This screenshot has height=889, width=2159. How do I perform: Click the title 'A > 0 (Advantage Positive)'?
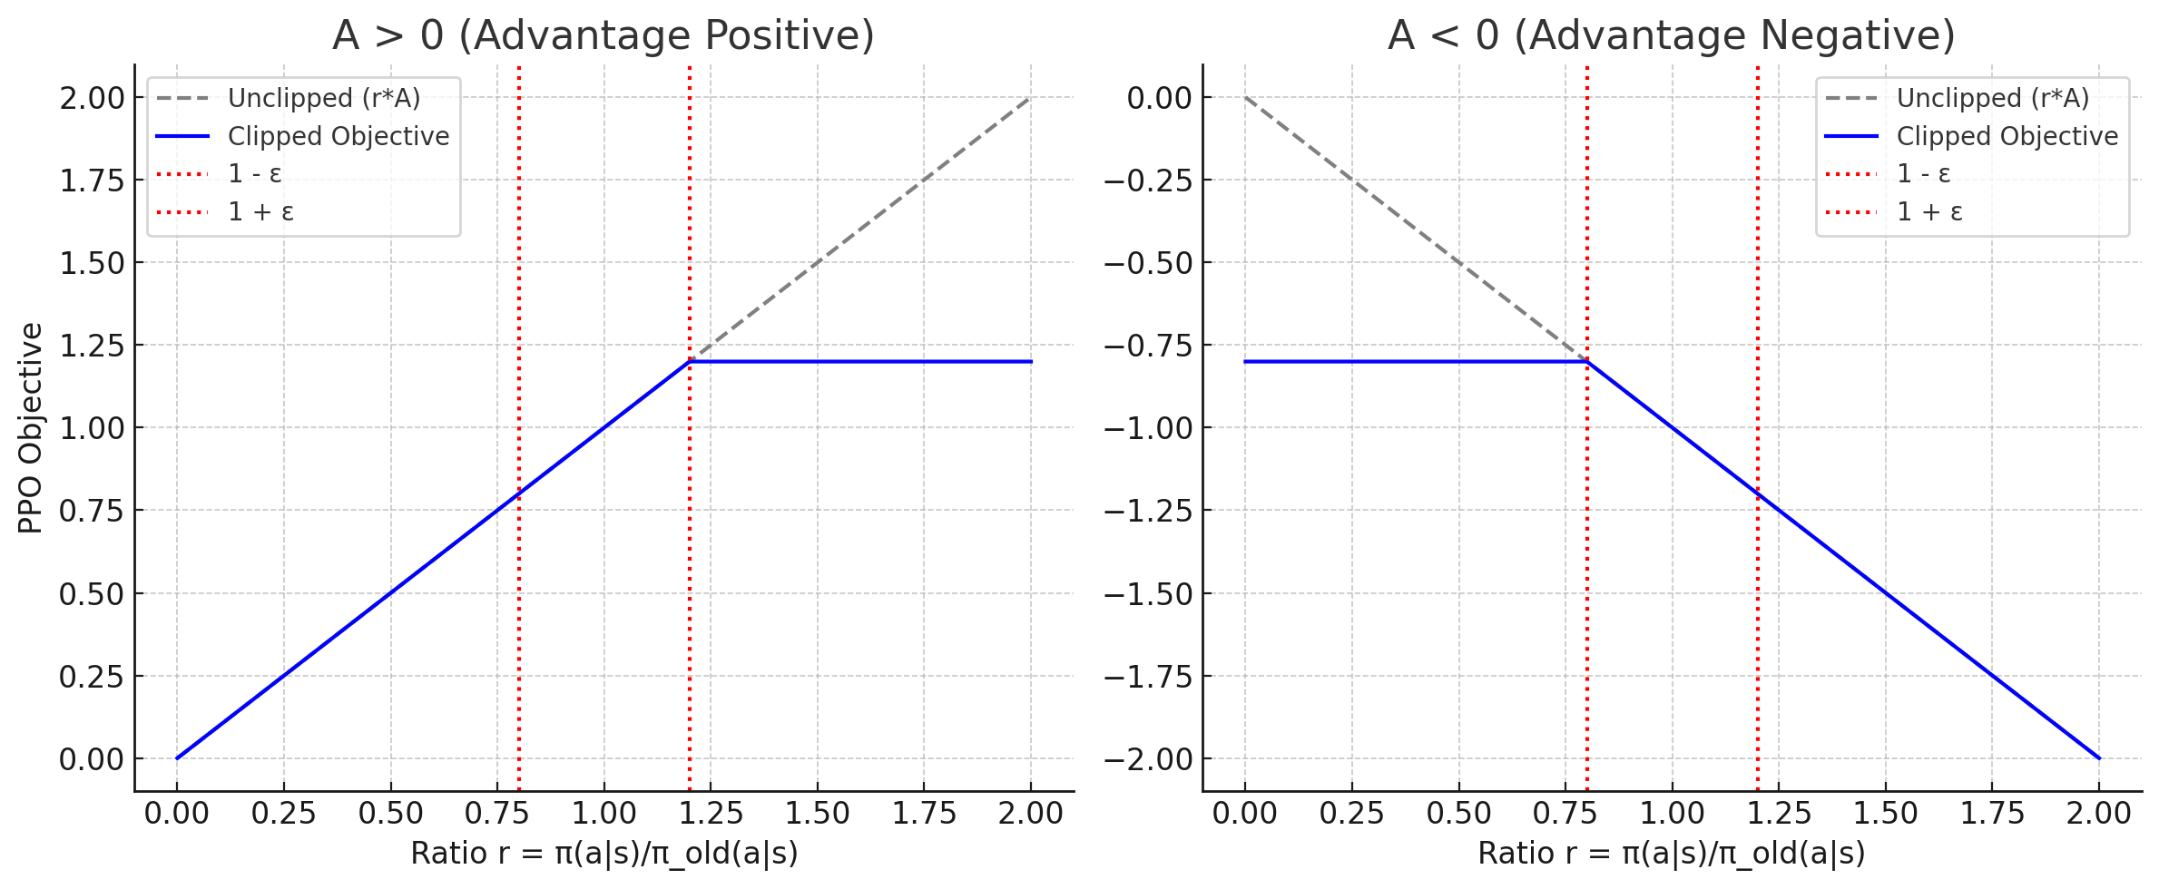[604, 35]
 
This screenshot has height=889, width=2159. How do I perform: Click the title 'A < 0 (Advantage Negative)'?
[1671, 35]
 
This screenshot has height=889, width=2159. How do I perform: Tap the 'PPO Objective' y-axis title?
[31, 428]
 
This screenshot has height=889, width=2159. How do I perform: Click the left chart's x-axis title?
[604, 854]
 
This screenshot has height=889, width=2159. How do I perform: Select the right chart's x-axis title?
[1671, 854]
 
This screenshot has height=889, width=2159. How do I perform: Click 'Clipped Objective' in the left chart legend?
[338, 136]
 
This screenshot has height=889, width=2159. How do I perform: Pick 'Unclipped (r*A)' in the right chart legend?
[1993, 98]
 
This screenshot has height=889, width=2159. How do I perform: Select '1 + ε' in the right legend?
[1929, 211]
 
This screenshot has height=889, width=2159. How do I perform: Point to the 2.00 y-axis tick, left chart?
[92, 98]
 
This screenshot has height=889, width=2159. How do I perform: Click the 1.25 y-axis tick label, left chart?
[92, 346]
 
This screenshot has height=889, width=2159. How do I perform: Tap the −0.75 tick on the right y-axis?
[1148, 346]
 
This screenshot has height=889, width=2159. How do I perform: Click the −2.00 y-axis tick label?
[1148, 758]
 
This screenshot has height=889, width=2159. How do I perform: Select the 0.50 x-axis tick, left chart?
[390, 814]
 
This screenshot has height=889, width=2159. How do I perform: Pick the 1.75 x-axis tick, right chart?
[1992, 814]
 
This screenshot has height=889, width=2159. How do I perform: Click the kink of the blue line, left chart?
[690, 362]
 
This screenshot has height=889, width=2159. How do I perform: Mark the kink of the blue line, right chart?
[1587, 362]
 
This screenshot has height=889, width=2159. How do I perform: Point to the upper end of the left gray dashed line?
[1030, 98]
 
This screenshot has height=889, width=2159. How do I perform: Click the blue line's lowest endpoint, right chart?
[2099, 758]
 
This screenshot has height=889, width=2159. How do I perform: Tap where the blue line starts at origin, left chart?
[177, 758]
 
